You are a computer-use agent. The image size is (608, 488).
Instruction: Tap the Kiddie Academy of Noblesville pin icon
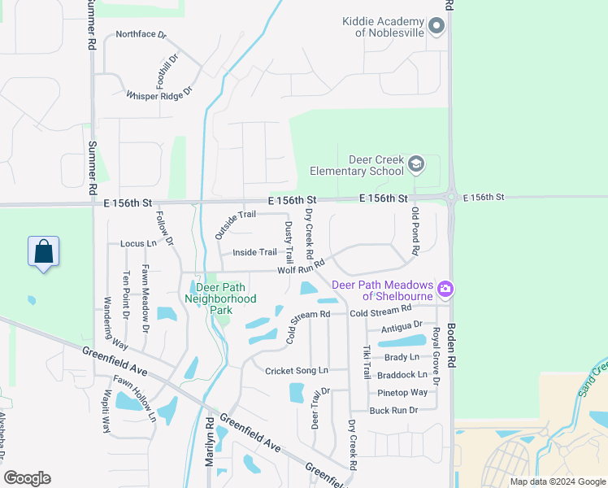click(x=437, y=26)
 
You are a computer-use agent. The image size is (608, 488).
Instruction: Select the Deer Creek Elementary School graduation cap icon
click(x=416, y=164)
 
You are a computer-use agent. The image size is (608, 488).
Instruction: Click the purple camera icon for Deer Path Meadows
click(x=445, y=289)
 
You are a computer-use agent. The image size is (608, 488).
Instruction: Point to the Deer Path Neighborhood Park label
click(x=220, y=298)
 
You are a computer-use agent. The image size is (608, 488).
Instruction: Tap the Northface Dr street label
click(x=141, y=35)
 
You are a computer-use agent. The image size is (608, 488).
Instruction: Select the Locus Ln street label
click(x=137, y=243)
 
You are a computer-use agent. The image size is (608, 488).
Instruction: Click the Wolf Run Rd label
click(x=301, y=267)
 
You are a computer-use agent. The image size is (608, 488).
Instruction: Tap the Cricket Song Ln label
click(x=296, y=371)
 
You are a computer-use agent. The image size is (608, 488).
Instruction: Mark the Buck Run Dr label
click(x=393, y=410)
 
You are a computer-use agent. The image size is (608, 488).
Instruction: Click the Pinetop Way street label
click(x=402, y=392)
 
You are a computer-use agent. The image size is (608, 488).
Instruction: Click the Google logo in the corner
click(x=27, y=478)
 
